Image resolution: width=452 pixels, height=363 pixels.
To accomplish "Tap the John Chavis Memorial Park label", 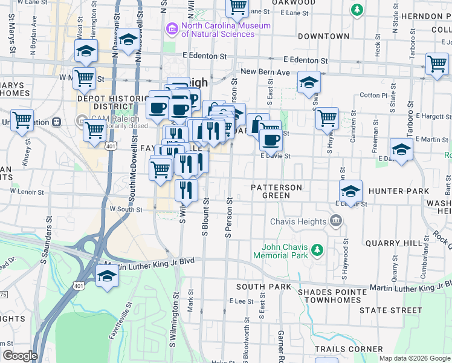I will (x=285, y=251).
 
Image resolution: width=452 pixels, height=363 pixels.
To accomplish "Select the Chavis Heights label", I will (x=299, y=221).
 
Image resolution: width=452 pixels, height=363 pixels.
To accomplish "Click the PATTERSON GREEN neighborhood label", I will (x=277, y=191).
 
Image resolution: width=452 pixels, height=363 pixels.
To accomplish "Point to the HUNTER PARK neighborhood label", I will (x=398, y=191).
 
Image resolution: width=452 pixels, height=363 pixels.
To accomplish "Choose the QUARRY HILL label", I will (x=393, y=243).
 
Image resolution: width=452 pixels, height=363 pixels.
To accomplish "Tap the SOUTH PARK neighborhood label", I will (x=260, y=286).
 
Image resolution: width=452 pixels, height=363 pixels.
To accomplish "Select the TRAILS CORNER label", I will (x=349, y=349).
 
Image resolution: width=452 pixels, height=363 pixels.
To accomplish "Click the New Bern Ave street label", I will (x=265, y=71).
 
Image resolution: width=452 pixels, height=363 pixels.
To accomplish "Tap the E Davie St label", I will (x=276, y=156).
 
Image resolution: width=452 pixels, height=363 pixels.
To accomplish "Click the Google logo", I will (x=20, y=356).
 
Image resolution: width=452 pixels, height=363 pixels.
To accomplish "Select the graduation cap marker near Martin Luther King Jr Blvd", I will (x=108, y=276).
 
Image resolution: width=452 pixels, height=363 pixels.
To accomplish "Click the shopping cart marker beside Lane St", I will (x=237, y=7).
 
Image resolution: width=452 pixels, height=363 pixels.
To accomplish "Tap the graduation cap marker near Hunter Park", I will (x=350, y=192).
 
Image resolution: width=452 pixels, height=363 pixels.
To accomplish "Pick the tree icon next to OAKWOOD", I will (x=357, y=10).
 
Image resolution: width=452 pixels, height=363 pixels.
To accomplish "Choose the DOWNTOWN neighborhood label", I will (x=323, y=36).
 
